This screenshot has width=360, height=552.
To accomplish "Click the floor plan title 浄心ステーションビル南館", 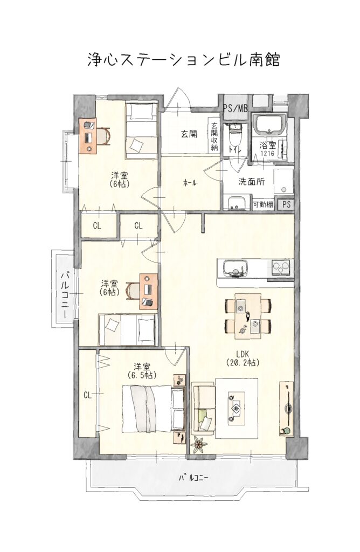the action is point(183,60).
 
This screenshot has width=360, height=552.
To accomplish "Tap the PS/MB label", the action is point(236,108).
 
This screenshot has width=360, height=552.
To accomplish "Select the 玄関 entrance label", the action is point(189,134).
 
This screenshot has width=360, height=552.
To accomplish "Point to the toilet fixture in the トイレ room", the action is point(234,135).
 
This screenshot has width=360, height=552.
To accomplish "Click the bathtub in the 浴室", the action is point(270,125).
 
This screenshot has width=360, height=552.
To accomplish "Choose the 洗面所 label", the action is point(251,182).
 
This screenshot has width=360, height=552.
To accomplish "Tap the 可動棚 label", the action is point(263,204).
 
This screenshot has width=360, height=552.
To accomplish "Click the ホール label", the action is point(189,183).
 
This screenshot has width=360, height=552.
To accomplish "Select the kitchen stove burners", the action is point(280,267).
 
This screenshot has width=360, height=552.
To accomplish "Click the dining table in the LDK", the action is point(248,315).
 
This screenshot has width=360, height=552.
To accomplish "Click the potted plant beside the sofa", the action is point(199,444).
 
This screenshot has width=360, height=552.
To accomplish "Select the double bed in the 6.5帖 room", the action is point(154,409).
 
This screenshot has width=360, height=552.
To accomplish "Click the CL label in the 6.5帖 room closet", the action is point(88,395).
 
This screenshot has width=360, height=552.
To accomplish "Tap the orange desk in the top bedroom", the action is point(88,135).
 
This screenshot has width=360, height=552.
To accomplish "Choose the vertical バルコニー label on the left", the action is point(64,289).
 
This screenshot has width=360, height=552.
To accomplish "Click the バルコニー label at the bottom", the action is point(194,478).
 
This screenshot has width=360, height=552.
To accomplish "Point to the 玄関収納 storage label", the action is point(214,136).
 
